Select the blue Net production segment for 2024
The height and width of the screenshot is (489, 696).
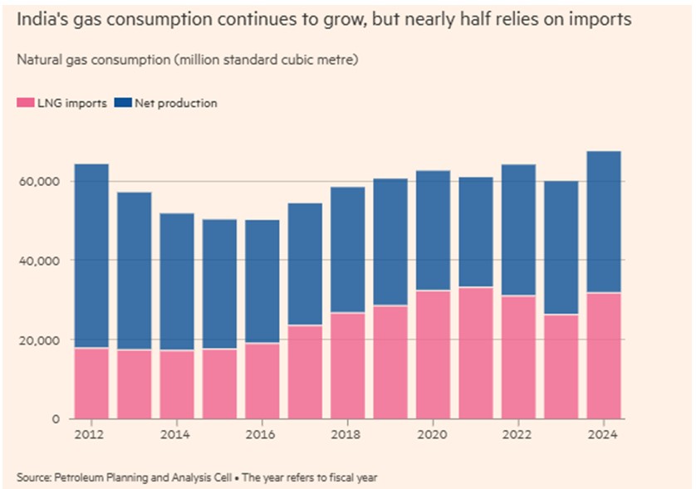pos(603,222)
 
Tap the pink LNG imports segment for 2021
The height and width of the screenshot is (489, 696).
pos(475,353)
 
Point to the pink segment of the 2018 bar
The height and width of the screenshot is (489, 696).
pos(347,366)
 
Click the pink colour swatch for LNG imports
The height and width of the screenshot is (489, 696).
pos(22,104)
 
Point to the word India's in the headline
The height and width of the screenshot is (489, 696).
pos(42,19)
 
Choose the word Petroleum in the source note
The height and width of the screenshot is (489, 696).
pos(80,477)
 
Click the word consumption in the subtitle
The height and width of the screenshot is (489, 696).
pos(99,61)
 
